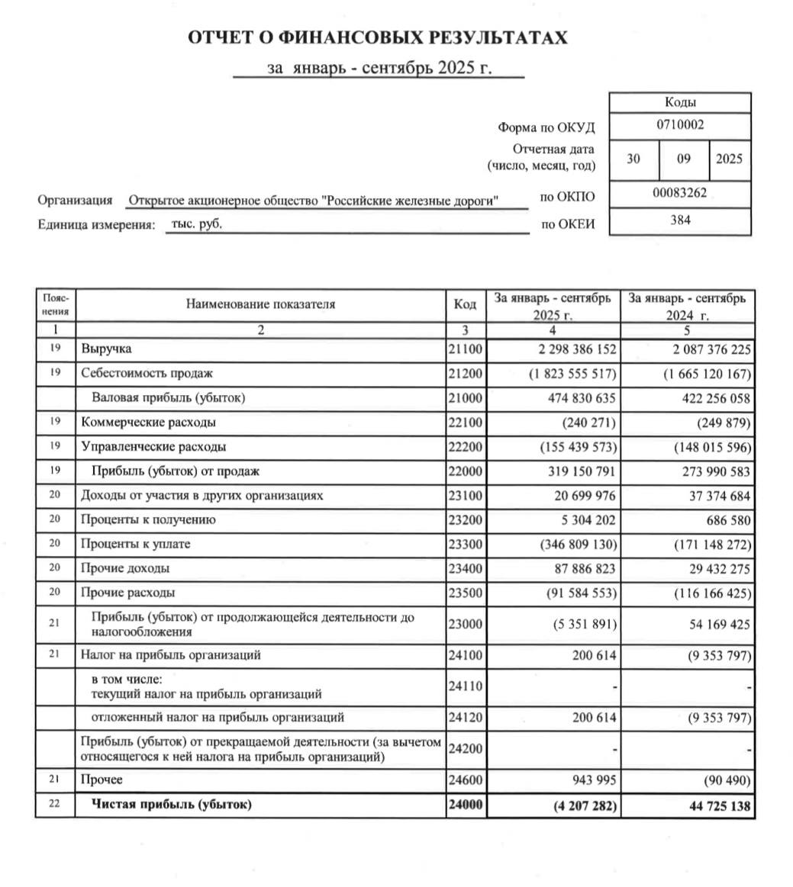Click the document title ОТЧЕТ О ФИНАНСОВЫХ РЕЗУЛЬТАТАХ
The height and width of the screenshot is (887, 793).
point(378,38)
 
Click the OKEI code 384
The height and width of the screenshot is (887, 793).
point(679,221)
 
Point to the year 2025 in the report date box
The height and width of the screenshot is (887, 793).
point(729,159)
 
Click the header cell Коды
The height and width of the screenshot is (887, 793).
point(679,103)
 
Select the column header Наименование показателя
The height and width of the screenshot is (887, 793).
point(260,304)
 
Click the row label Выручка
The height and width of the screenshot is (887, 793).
point(106,349)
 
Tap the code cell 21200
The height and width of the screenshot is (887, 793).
point(466,374)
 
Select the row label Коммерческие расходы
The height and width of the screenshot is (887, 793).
point(148,422)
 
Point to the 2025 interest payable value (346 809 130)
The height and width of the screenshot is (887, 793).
point(578,545)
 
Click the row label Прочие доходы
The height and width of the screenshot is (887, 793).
point(125,568)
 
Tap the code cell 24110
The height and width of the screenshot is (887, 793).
point(466,686)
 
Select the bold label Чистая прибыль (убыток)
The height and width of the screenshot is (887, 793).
point(172,805)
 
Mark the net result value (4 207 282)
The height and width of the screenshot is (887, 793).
point(582,805)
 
